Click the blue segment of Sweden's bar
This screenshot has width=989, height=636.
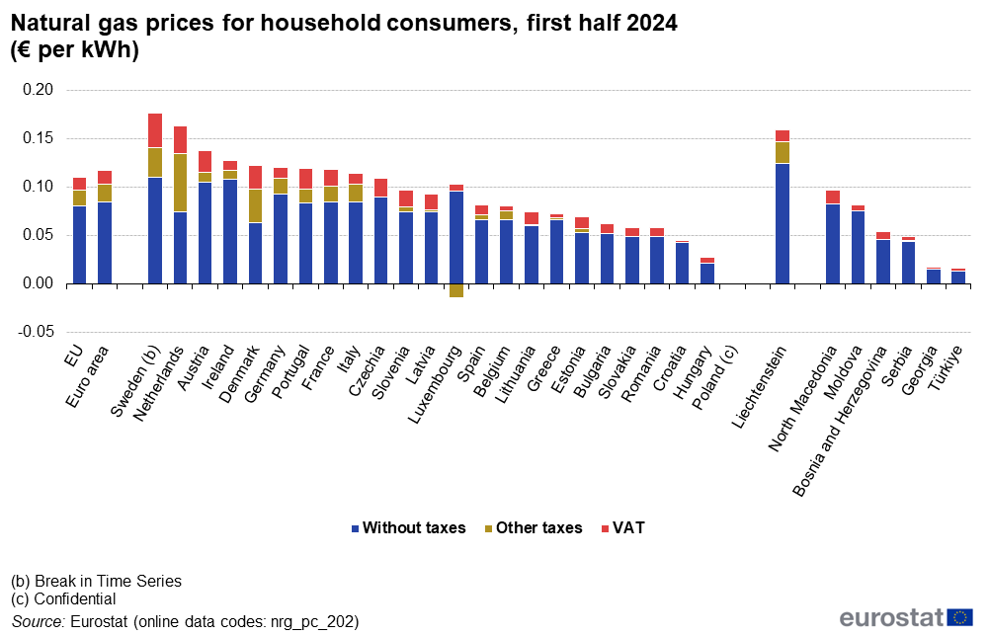click(155, 230)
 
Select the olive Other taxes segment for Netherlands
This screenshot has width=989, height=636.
click(180, 183)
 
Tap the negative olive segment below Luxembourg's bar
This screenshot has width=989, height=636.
click(456, 290)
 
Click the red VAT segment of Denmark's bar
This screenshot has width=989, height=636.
click(255, 178)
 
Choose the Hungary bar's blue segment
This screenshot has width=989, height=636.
click(707, 273)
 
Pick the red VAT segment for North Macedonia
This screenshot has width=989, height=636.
click(833, 197)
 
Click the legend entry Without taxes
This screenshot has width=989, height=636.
click(407, 528)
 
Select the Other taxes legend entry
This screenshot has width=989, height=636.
click(533, 528)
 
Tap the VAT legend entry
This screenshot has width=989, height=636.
click(621, 528)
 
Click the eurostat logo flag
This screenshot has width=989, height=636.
click(959, 617)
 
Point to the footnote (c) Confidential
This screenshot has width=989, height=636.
click(63, 598)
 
